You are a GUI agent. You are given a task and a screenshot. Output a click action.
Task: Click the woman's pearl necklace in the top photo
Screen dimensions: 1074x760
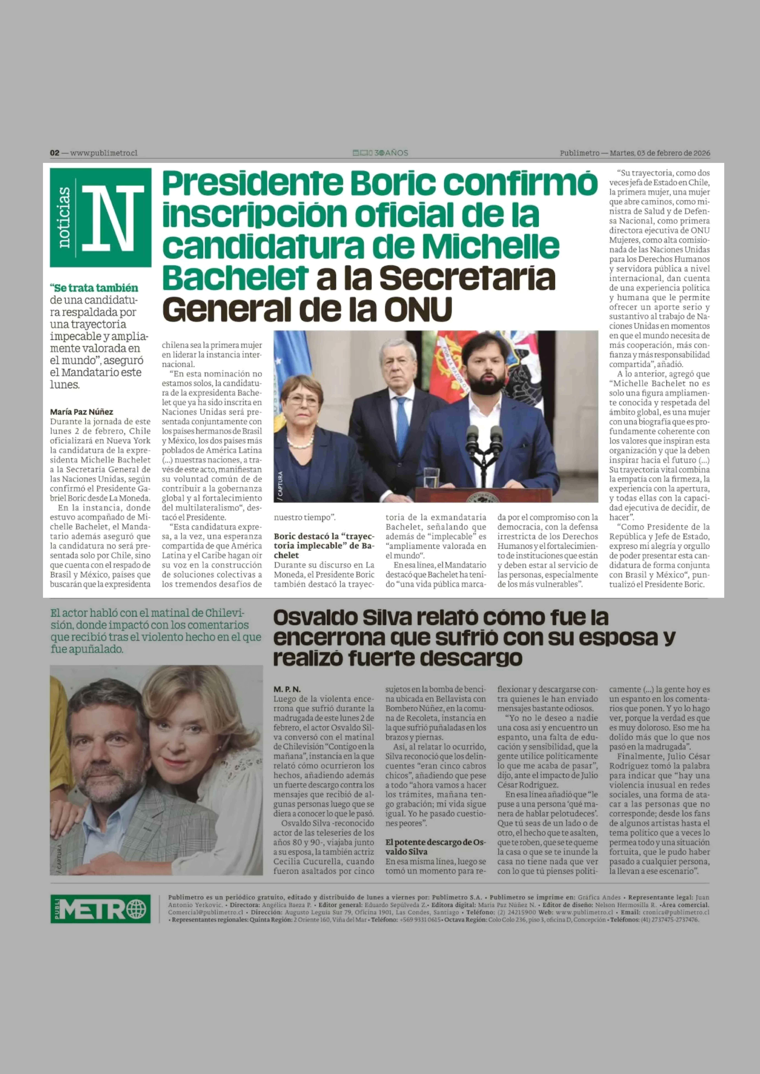[300, 441]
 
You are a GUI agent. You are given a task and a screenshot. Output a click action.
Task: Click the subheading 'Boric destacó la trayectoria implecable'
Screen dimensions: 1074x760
[324, 545]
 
